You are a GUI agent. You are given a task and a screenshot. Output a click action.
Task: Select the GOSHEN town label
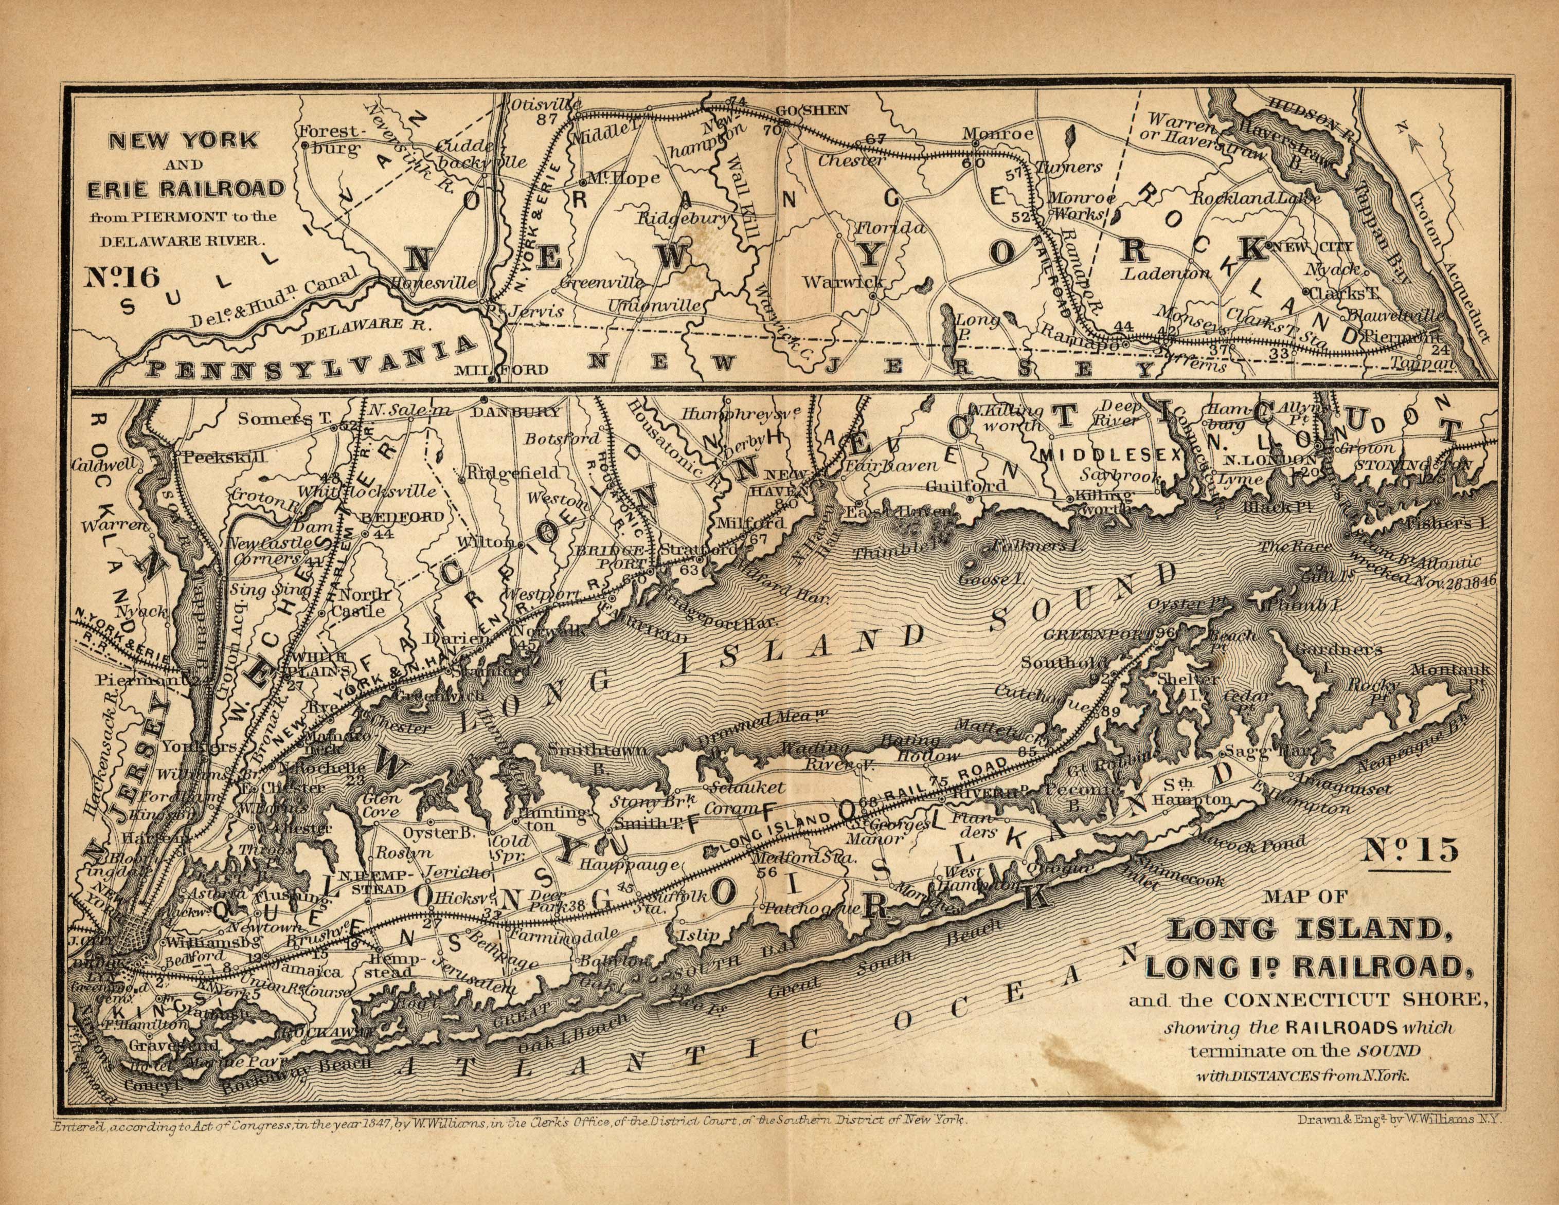click(x=812, y=111)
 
